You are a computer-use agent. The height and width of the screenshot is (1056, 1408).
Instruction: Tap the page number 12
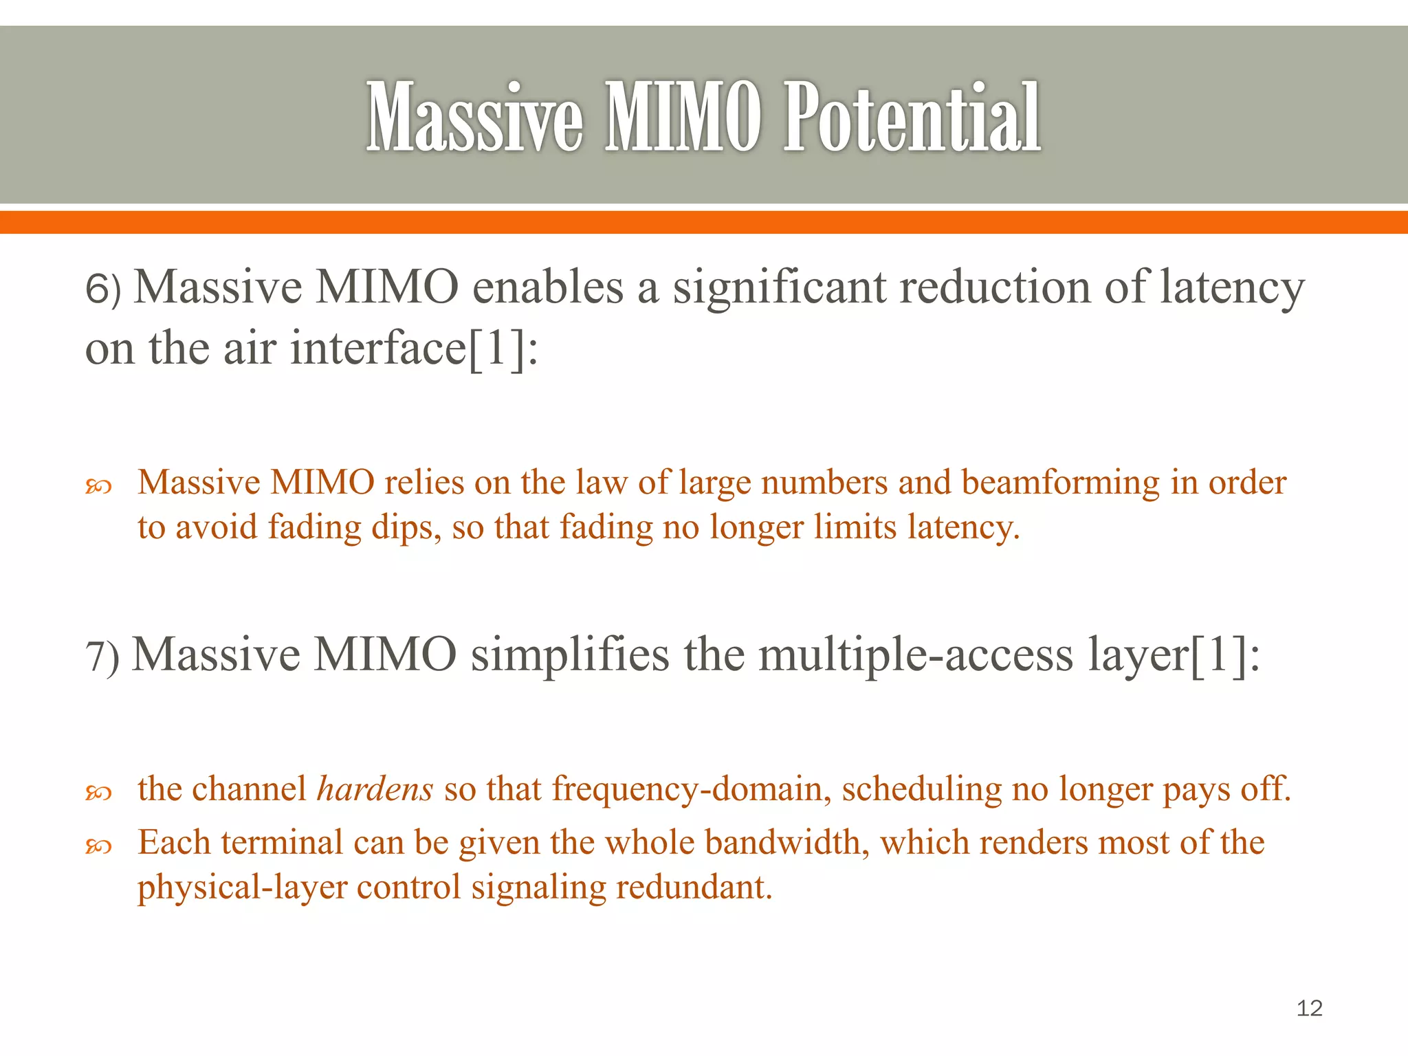[1309, 1008]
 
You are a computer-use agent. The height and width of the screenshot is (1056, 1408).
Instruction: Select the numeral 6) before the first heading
[102, 289]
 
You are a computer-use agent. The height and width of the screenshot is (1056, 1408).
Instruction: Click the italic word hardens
[375, 789]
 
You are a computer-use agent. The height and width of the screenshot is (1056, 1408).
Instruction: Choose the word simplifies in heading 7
[569, 654]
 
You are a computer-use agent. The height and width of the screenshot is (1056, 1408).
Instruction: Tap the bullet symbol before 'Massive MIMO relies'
[98, 487]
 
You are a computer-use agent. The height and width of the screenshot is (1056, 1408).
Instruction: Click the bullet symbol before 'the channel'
[98, 793]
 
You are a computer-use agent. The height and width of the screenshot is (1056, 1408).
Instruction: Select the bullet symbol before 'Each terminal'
[98, 847]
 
